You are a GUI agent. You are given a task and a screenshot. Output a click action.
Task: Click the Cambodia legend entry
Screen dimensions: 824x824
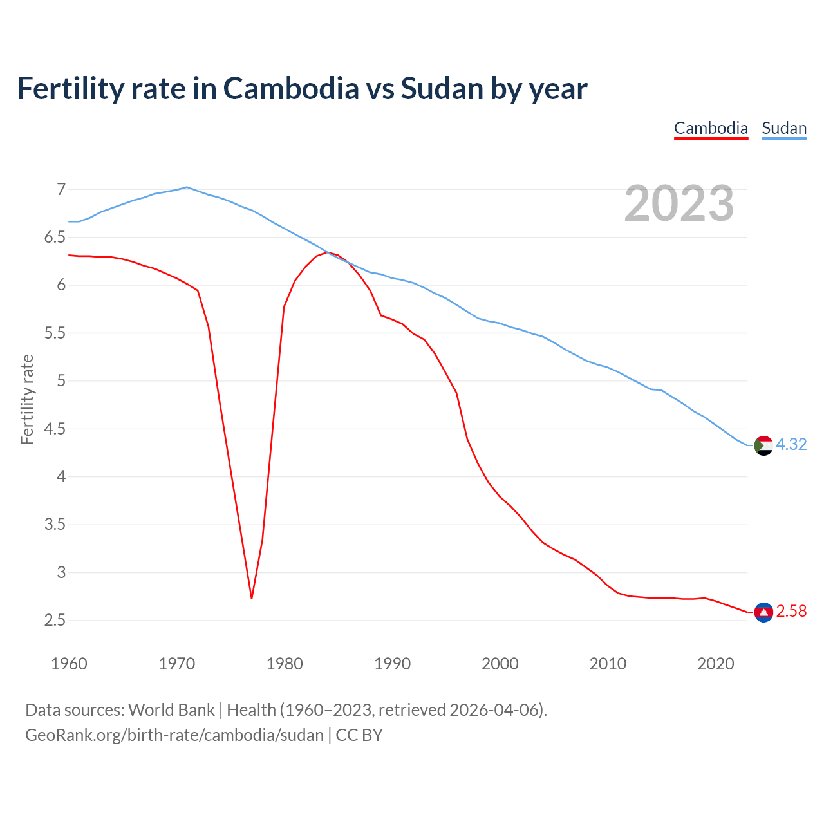pyautogui.click(x=711, y=128)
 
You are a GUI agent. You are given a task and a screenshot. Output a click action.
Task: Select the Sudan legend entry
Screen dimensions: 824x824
pyautogui.click(x=784, y=128)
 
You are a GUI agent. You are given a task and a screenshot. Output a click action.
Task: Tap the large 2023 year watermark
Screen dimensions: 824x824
pyautogui.click(x=679, y=203)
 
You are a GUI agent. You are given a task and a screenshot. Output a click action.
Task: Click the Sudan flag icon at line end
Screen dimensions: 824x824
pyautogui.click(x=763, y=445)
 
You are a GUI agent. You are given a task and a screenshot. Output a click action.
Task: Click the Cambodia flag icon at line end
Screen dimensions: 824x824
pyautogui.click(x=763, y=612)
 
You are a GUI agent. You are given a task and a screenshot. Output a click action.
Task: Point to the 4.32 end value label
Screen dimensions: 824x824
pyautogui.click(x=791, y=445)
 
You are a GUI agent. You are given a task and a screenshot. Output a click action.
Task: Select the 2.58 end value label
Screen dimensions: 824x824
pyautogui.click(x=791, y=612)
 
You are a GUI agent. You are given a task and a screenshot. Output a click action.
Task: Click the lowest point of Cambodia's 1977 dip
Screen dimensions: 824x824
pyautogui.click(x=252, y=598)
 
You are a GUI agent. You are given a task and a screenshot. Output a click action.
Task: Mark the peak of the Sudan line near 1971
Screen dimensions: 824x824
pyautogui.click(x=187, y=187)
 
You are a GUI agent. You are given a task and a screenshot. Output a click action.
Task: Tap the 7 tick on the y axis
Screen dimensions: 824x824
pyautogui.click(x=61, y=189)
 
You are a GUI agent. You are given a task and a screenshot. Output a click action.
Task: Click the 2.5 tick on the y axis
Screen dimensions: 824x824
pyautogui.click(x=55, y=621)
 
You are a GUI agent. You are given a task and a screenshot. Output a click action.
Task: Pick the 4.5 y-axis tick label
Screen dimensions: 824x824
pyautogui.click(x=55, y=429)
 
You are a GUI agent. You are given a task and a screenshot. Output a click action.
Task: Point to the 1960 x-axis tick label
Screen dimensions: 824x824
pyautogui.click(x=69, y=664)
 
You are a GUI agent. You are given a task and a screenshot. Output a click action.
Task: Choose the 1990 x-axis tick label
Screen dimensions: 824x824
pyautogui.click(x=392, y=664)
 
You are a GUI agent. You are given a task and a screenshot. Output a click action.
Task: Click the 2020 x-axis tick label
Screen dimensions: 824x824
pyautogui.click(x=715, y=664)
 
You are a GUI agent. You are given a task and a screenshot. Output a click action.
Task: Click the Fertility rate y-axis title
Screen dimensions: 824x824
pyautogui.click(x=27, y=399)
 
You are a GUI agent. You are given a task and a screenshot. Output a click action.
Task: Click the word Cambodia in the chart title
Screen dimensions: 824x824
pyautogui.click(x=291, y=89)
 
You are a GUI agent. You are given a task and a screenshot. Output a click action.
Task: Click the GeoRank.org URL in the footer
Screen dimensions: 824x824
pyautogui.click(x=174, y=735)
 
